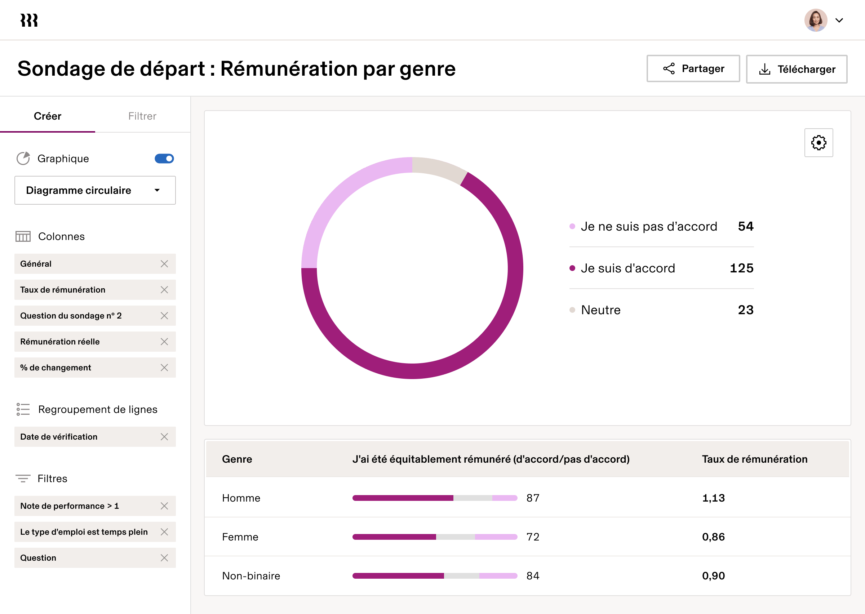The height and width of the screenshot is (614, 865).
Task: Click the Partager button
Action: pyautogui.click(x=693, y=68)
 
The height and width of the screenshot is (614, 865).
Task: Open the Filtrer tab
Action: pyautogui.click(x=142, y=116)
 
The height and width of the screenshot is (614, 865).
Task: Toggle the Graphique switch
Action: pyautogui.click(x=164, y=159)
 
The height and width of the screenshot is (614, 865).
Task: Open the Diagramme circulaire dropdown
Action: pyautogui.click(x=95, y=190)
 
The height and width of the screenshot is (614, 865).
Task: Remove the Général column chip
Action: pyautogui.click(x=164, y=264)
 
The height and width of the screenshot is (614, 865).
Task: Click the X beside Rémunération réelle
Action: pyautogui.click(x=164, y=342)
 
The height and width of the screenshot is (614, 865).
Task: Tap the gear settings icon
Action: pyautogui.click(x=819, y=143)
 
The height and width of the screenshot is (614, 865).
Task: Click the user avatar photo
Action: pyautogui.click(x=816, y=20)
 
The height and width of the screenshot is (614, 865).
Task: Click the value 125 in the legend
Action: pyautogui.click(x=741, y=268)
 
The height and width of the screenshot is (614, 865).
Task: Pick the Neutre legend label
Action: pyautogui.click(x=600, y=310)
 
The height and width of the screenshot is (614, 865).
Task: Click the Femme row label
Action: pyautogui.click(x=240, y=537)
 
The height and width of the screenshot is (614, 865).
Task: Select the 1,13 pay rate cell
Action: pyautogui.click(x=713, y=498)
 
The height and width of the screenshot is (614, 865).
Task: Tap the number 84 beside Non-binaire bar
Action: pyautogui.click(x=533, y=576)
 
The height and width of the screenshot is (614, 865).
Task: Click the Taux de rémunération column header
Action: pyautogui.click(x=755, y=459)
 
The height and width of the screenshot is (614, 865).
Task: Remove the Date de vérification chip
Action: pyautogui.click(x=164, y=437)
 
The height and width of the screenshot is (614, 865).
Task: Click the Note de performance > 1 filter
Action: pyautogui.click(x=70, y=506)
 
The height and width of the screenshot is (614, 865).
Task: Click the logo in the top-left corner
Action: pyautogui.click(x=29, y=21)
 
